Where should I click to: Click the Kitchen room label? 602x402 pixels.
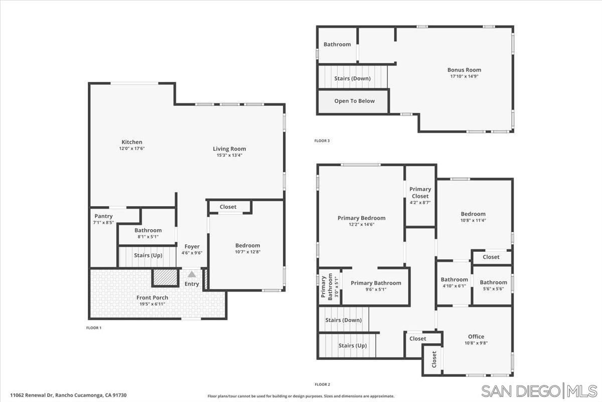click(131, 142)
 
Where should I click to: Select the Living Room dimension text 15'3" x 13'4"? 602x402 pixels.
click(229, 155)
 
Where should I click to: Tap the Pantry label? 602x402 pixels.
click(103, 216)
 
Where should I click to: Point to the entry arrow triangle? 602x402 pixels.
click(192, 274)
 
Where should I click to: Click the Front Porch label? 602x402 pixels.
click(153, 297)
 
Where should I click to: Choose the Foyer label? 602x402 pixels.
click(192, 247)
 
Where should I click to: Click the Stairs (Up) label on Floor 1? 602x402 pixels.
click(148, 255)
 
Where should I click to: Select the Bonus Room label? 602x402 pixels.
click(464, 70)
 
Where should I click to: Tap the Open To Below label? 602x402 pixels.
click(354, 101)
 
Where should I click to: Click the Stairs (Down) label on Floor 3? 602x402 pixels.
click(352, 78)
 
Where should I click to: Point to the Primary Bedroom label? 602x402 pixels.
click(361, 218)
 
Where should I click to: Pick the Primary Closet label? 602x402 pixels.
click(420, 192)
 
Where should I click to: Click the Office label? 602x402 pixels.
click(476, 337)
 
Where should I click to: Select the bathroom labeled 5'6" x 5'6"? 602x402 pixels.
click(493, 282)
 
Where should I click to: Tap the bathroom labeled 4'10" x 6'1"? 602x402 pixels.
click(454, 280)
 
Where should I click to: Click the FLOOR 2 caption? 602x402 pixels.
click(322, 384)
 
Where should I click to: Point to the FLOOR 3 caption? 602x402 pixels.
click(322, 141)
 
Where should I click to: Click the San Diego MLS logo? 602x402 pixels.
click(539, 391)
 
